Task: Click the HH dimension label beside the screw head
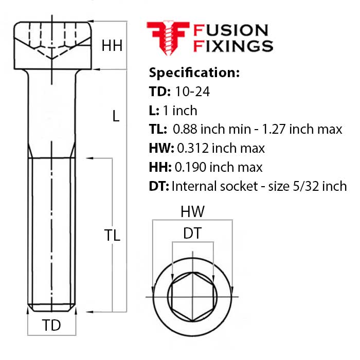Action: [x=112, y=46]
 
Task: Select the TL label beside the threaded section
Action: [x=112, y=236]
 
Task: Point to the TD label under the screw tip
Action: [x=51, y=326]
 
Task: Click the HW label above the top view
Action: [x=192, y=211]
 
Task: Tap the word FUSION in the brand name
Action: [x=229, y=30]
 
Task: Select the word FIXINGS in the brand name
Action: [x=232, y=46]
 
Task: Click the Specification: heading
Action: [x=194, y=73]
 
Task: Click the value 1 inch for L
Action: [x=180, y=111]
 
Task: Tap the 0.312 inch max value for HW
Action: [x=221, y=148]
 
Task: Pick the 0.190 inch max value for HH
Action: [x=219, y=167]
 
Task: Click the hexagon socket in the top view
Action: [x=192, y=297]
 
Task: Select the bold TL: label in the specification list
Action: [x=158, y=129]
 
